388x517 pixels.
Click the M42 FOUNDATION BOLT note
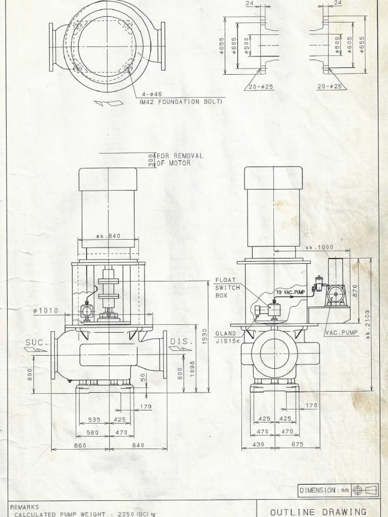click(180, 101)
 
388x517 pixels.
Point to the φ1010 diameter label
click(45, 311)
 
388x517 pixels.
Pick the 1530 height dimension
click(205, 337)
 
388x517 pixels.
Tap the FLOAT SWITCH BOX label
click(225, 287)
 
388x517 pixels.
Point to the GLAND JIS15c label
click(225, 337)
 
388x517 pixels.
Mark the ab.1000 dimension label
click(320, 248)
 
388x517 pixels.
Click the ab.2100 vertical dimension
click(368, 324)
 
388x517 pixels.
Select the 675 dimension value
click(297, 444)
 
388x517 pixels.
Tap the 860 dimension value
click(80, 445)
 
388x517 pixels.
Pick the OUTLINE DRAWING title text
click(318, 511)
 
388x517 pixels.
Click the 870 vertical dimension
click(355, 290)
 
